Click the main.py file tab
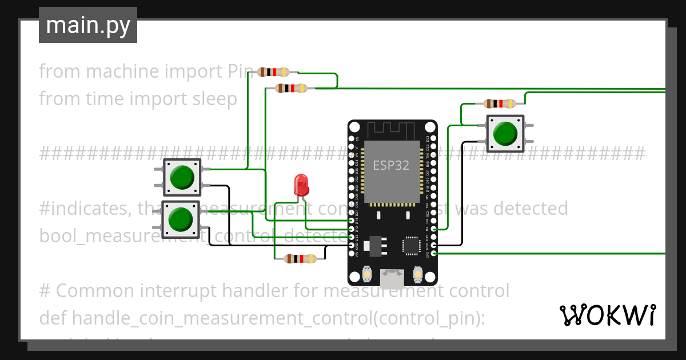[x=87, y=25]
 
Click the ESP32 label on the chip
[x=391, y=166]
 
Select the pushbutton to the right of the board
[x=505, y=133]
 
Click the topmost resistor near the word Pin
[x=274, y=72]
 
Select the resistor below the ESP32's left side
[x=300, y=259]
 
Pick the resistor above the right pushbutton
[x=499, y=103]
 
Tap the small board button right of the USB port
[x=417, y=275]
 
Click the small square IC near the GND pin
[x=412, y=245]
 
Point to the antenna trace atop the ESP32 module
[x=392, y=130]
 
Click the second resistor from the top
[x=291, y=88]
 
